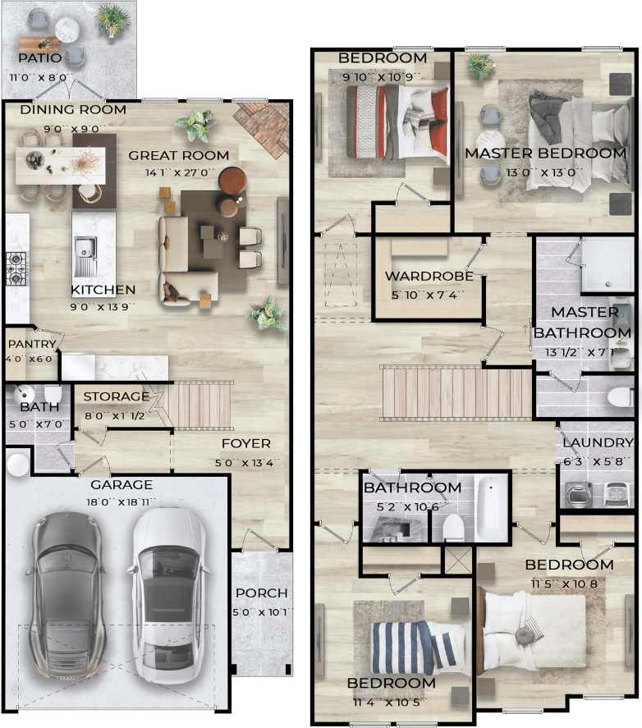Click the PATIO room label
pyautogui.click(x=40, y=58)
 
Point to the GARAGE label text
pyautogui.click(x=121, y=484)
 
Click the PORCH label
pyautogui.click(x=261, y=593)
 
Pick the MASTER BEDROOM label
pyautogui.click(x=545, y=153)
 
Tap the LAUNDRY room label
pyautogui.click(x=597, y=443)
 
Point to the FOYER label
pyautogui.click(x=245, y=443)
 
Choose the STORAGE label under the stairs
pyautogui.click(x=116, y=396)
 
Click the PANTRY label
pyautogui.click(x=31, y=344)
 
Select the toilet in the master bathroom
pyautogui.click(x=620, y=397)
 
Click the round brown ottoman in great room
pyautogui.click(x=232, y=180)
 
